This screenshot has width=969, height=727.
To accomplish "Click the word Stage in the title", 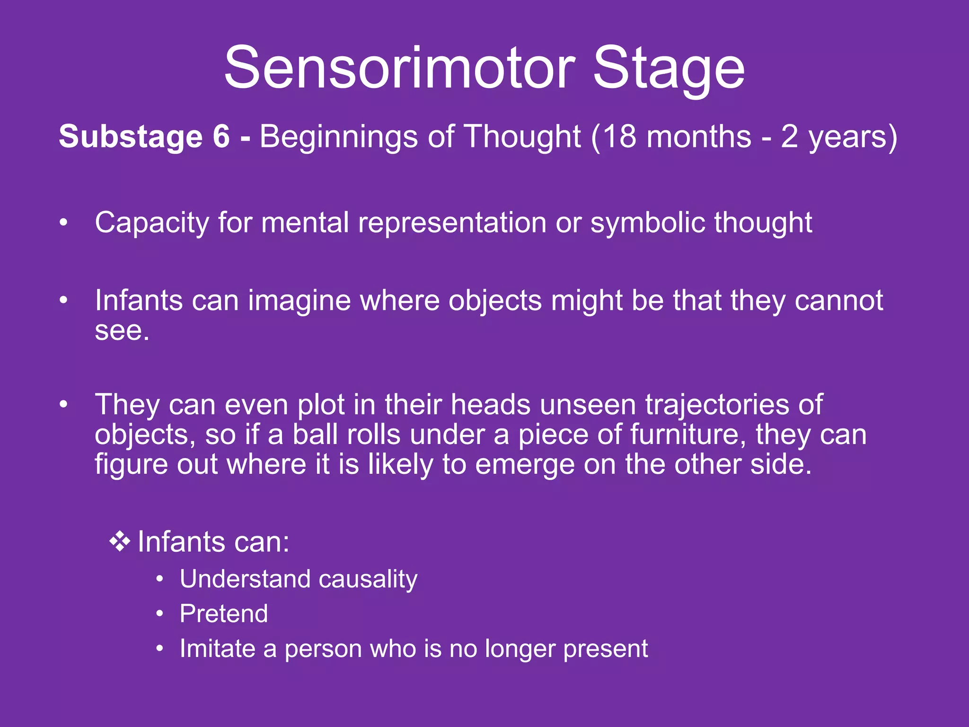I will pyautogui.click(x=669, y=70).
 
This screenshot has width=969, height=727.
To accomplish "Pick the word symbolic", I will pyautogui.click(x=648, y=223).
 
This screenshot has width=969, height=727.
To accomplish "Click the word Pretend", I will pyautogui.click(x=223, y=614).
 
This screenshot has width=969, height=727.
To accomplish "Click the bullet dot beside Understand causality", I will pyautogui.click(x=160, y=579).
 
